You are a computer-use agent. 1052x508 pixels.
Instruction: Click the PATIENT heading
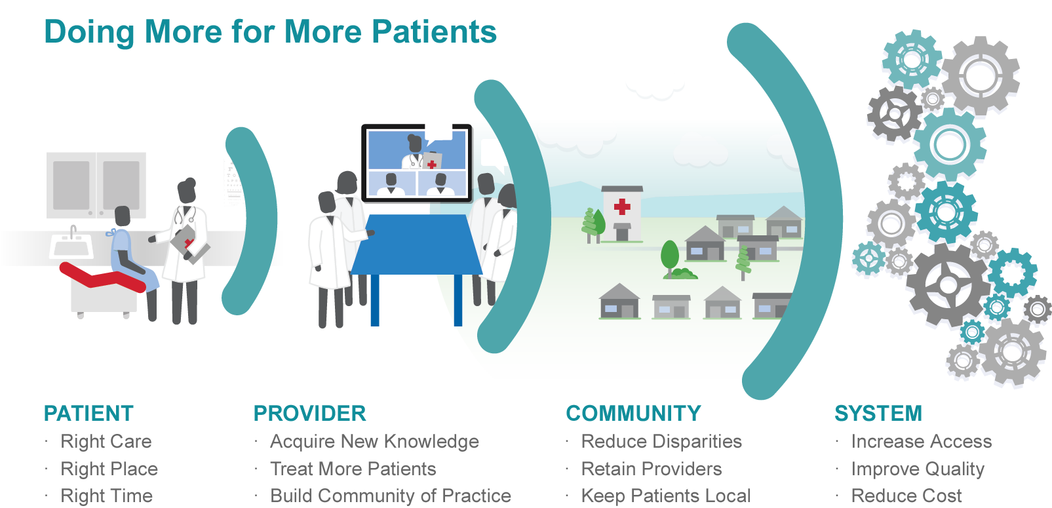pos(88,414)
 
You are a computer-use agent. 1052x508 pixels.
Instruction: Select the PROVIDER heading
pos(309,414)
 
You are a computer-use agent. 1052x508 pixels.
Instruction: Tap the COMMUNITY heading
pos(633,414)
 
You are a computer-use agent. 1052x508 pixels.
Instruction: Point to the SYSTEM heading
pos(878,414)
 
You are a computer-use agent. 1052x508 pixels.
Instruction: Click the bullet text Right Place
pos(109,469)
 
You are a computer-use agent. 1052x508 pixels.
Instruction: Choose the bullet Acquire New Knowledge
pos(374,441)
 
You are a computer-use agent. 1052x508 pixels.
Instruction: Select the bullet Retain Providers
pos(651,469)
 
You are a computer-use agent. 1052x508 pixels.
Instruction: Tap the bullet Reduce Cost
pos(906,496)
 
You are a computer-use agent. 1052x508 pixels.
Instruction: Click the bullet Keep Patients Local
pos(665,496)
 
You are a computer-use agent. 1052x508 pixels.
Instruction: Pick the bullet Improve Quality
pos(917,469)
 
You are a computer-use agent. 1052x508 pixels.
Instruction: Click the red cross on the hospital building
pos(622,207)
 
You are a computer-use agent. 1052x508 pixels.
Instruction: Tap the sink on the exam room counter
pos(71,246)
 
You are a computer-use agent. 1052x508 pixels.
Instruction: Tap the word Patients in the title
pos(434,31)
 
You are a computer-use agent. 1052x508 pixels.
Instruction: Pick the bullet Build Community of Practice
pos(390,496)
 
